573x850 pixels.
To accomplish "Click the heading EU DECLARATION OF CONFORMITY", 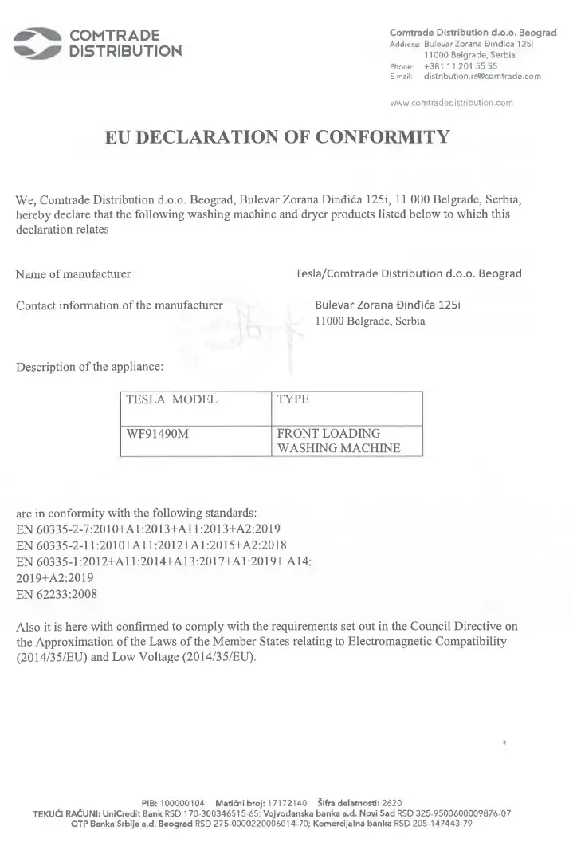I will coord(277,136).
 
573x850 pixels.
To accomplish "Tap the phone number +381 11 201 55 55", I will coord(461,66).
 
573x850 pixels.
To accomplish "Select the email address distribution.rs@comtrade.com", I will coord(482,77).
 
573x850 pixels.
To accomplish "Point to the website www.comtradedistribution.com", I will coord(451,103).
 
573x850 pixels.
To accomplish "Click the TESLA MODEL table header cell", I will coord(172,399).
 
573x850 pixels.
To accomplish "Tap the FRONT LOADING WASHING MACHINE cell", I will coord(338,441).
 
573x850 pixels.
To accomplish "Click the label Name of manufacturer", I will coord(73,274).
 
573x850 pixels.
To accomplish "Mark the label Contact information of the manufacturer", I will coord(120,305).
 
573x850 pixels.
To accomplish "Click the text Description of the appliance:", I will coord(90,368).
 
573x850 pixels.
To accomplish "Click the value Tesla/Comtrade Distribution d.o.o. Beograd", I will coord(408,273).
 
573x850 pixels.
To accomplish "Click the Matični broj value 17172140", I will coord(279,802).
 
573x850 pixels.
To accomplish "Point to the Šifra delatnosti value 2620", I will coord(392,802).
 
